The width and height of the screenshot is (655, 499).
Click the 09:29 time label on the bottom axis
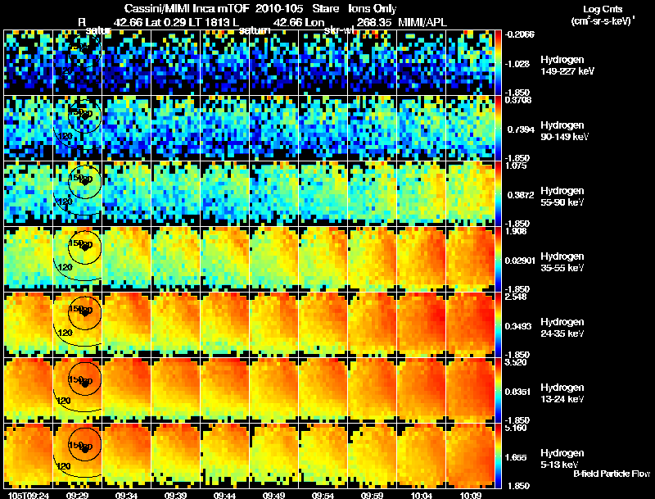pos(77,495)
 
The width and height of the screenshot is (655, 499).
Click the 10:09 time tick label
pos(470,495)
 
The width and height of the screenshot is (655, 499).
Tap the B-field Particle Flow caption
pos(612,474)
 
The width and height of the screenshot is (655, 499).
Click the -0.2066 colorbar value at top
pos(521,35)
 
